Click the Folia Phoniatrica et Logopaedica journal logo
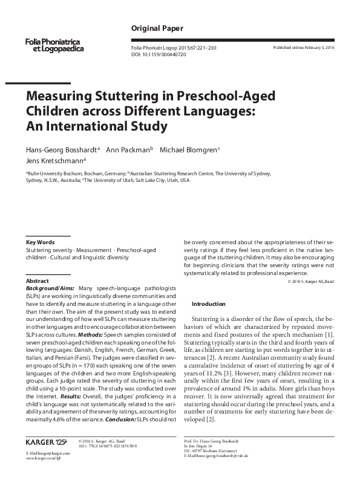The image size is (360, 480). (x=54, y=44)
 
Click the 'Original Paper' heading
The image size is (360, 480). (x=157, y=28)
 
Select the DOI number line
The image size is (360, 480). (x=159, y=54)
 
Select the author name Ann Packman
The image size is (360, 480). (x=128, y=149)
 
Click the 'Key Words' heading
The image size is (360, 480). (x=40, y=242)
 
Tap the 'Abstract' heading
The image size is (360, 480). (x=37, y=281)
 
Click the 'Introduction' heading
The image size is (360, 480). (x=208, y=303)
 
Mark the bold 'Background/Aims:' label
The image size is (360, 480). (x=51, y=288)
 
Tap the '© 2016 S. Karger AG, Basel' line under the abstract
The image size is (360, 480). (x=313, y=282)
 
